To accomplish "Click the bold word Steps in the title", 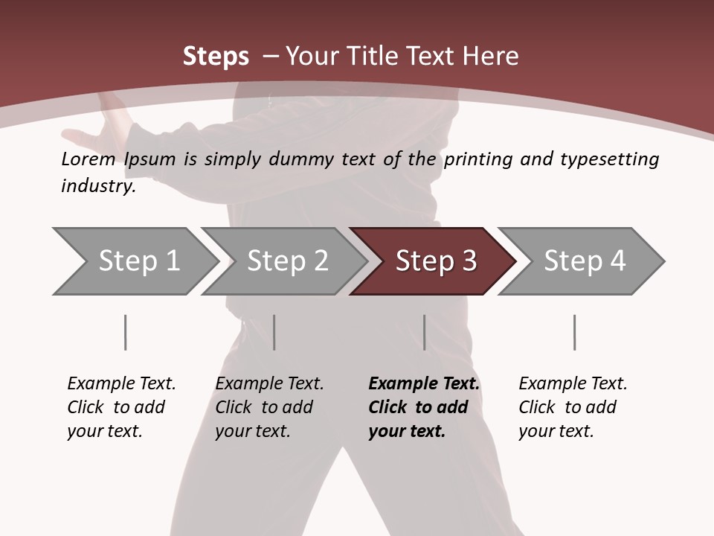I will click(216, 57).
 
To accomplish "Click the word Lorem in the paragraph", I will click(89, 159).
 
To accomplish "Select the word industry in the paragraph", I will click(98, 186).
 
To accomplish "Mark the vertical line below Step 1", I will click(125, 332).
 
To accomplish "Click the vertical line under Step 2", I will click(274, 332).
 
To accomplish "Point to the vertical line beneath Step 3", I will click(424, 332).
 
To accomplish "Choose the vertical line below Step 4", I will click(574, 332).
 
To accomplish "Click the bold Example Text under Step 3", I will click(424, 384).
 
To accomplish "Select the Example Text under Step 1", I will click(121, 384).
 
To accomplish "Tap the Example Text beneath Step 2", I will click(269, 384).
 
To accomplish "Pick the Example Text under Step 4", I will click(573, 384).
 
